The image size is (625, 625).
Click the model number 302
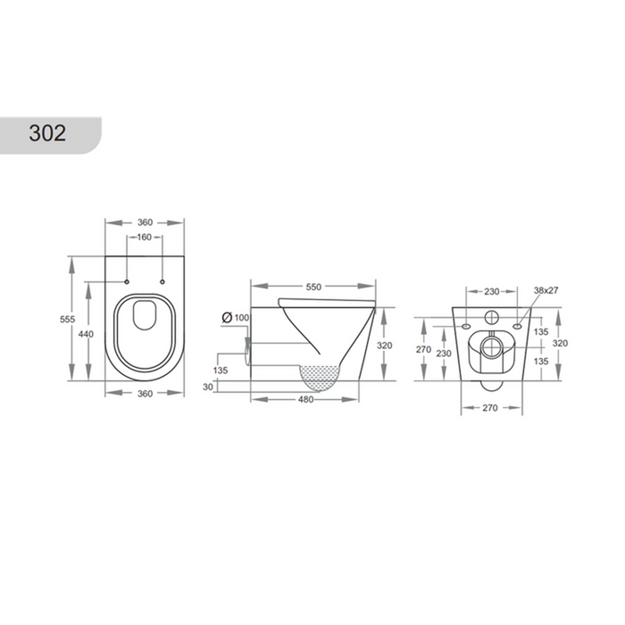[47, 133]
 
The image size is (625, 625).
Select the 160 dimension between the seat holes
[145, 237]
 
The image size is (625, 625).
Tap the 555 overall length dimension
[67, 320]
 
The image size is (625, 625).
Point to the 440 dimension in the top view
[86, 334]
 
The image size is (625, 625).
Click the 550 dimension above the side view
[313, 287]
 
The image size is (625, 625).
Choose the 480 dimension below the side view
[305, 399]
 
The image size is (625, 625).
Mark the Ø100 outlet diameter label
[236, 318]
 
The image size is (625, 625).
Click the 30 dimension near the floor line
[208, 387]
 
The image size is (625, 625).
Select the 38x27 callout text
[546, 290]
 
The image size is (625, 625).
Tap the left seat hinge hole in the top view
[127, 282]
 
